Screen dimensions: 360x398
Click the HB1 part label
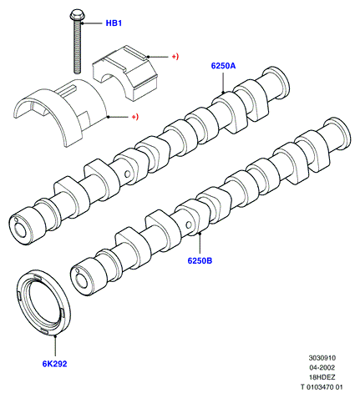tap(114, 23)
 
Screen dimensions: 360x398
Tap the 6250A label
tap(223, 66)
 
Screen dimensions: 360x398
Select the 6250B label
tap(200, 261)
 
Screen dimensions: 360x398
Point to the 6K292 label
tap(54, 364)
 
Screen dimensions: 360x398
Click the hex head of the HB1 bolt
tap(75, 15)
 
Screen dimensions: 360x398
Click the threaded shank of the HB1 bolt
tap(78, 47)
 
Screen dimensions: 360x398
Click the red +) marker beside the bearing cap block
tap(175, 57)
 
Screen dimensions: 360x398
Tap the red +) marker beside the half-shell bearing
tap(134, 117)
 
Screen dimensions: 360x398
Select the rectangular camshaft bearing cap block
tap(125, 73)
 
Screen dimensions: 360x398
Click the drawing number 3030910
tap(322, 358)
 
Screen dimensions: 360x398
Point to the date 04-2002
tap(322, 367)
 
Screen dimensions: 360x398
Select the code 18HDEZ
tap(322, 377)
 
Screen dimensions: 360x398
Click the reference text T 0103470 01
tap(322, 387)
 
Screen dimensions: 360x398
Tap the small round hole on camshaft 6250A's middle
tap(128, 174)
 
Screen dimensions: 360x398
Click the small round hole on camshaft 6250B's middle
tap(189, 224)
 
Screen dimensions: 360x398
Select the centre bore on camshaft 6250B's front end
tap(81, 280)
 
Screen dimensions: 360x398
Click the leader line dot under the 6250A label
tap(223, 92)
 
